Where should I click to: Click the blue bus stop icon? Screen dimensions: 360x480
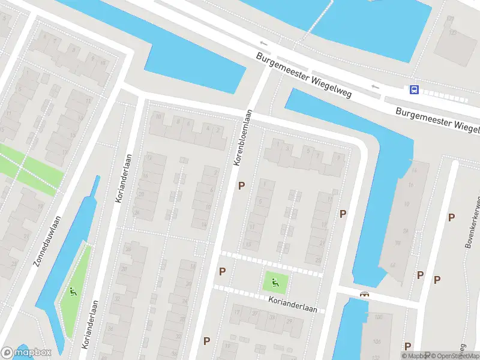tap(414, 90)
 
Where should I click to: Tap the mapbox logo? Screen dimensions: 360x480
tap(26, 353)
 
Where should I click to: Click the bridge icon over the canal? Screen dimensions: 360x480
tap(364, 294)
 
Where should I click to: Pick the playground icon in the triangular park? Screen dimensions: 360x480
tap(74, 293)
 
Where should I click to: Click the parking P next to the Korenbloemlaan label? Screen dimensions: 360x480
tap(241, 186)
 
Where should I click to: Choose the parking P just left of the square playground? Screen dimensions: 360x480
tap(223, 271)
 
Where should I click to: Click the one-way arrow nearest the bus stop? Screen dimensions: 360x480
tap(376, 87)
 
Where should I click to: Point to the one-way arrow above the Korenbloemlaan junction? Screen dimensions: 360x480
tap(263, 43)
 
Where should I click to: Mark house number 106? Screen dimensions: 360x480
tap(379, 317)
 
